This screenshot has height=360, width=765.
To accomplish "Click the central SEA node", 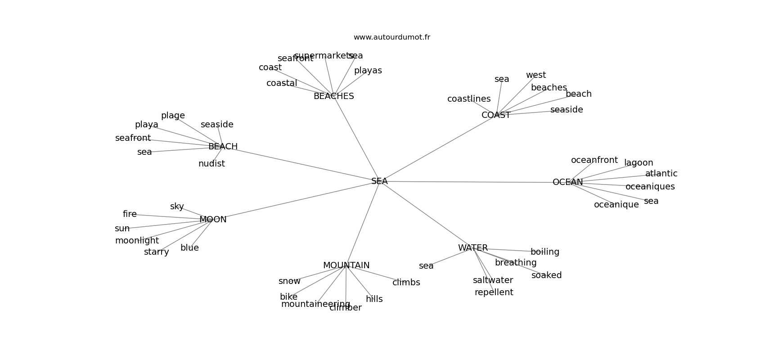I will pos(379,181).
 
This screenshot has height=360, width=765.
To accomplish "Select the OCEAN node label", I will pos(567,182).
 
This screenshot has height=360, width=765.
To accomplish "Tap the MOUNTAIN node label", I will pos(346,265).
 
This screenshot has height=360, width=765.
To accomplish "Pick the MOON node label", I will pos(213,220).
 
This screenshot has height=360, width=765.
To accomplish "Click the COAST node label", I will pos(496,115).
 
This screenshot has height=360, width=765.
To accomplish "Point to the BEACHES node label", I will pos(333,96).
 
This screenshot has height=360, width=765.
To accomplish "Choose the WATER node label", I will pos(472,248).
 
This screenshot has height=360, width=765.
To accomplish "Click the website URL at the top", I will pos(391,37).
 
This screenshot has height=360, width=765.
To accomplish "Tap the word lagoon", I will pos(639,163).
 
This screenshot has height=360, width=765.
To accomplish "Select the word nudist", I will pos(211,164).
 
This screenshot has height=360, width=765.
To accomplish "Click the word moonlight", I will pos(137,241).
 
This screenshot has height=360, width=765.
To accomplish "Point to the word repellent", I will pos(494,292).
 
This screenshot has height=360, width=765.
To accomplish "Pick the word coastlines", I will pos(469,99).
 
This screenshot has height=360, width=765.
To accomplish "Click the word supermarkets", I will pos(324,56).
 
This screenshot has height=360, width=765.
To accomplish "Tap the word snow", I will pos(289,281).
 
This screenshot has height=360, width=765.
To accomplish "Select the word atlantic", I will pos(661,174).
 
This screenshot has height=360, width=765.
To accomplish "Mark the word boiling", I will pos(544,252).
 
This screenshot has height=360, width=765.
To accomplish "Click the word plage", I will pos(173,116).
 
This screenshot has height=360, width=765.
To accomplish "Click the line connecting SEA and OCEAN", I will pos(472,182).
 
